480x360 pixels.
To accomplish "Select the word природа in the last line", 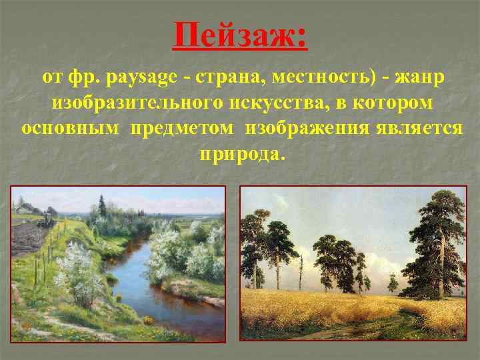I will [x=241, y=154].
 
